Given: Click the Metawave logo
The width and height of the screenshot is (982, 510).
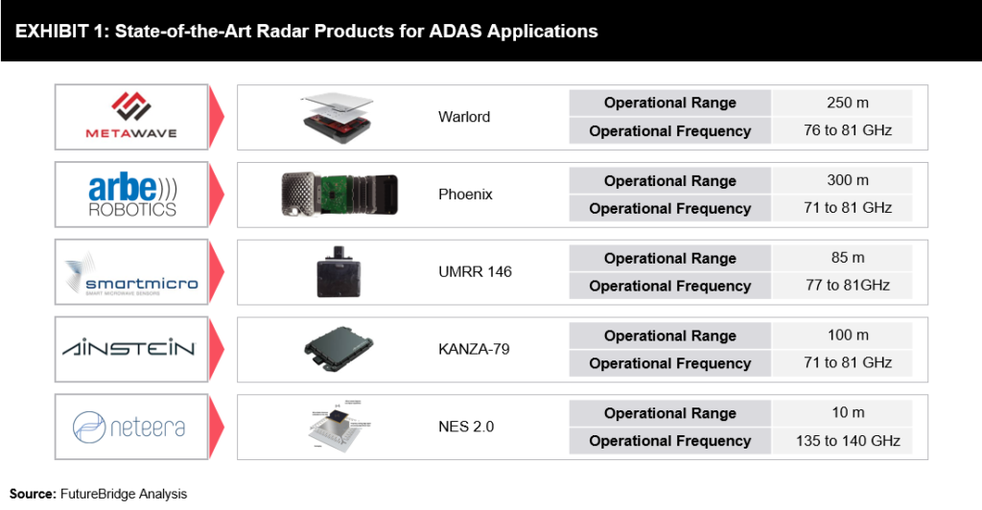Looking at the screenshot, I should tap(131, 116).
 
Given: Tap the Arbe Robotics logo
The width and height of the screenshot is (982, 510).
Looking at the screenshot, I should tap(131, 194).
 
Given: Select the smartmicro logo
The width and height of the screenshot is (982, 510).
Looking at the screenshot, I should tap(131, 271).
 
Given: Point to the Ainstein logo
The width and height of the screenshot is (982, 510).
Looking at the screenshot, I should tap(131, 349).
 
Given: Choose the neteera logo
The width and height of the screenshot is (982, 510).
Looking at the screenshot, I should tap(131, 427).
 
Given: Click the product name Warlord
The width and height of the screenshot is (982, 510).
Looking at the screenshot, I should tap(464, 117).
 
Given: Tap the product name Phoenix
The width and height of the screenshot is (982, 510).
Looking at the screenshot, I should tap(465, 195).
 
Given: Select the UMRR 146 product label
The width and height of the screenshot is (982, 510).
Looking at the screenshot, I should tap(475, 272).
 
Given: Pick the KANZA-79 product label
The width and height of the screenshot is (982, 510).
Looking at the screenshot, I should tap(474, 350).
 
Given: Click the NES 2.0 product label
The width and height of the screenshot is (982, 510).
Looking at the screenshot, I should tap(466, 428).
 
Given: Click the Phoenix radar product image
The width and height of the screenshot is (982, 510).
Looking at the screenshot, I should tap(339, 195).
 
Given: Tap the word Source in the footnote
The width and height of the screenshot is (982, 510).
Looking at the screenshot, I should tap(32, 494).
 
